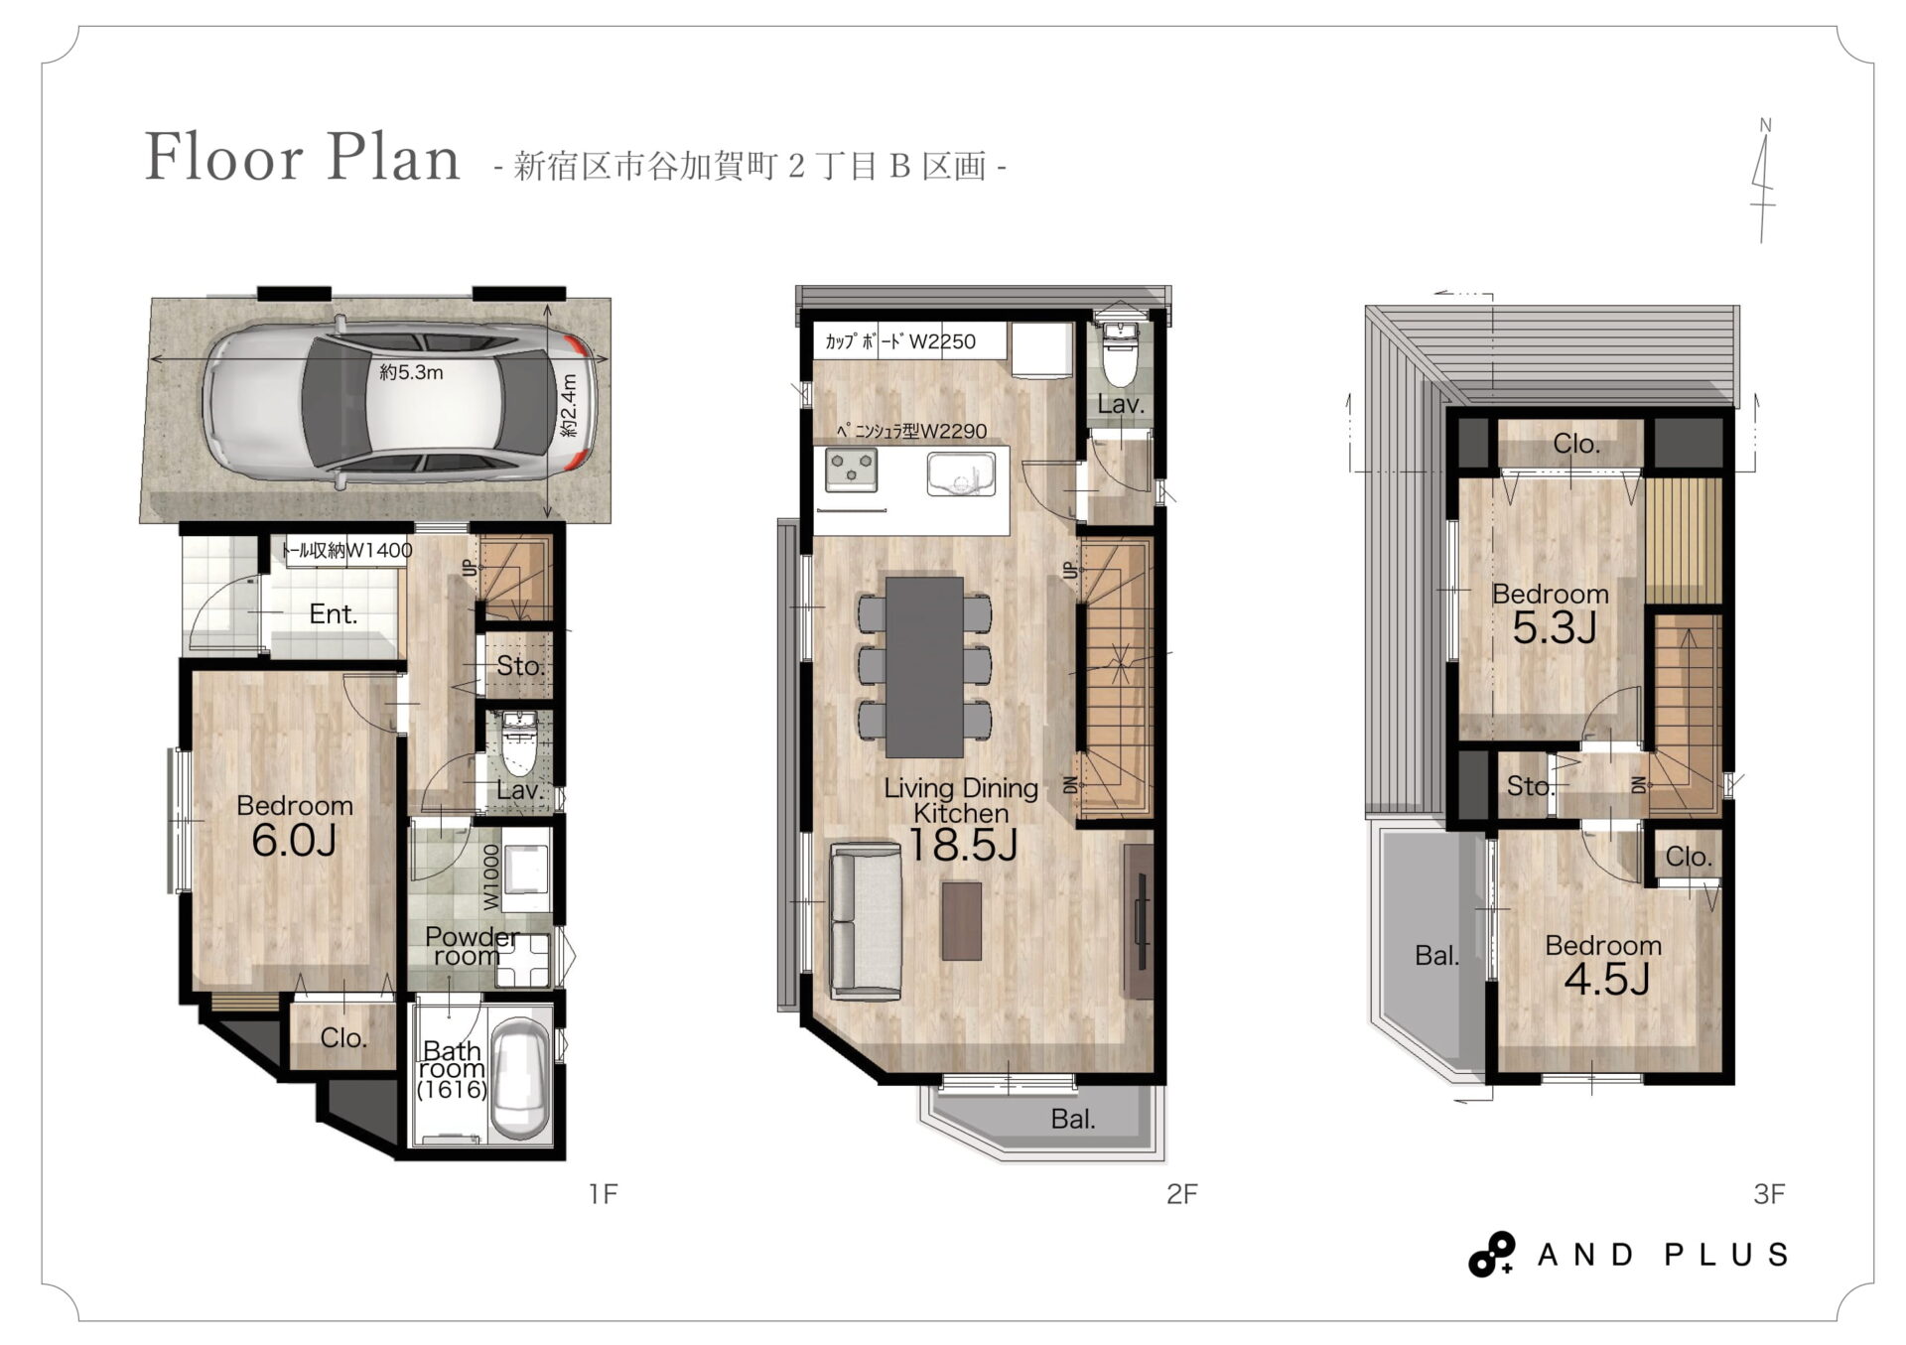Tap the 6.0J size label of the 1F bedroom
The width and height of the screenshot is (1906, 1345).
click(294, 841)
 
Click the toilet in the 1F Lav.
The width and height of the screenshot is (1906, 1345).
click(519, 742)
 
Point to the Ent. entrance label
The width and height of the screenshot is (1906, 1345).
click(333, 614)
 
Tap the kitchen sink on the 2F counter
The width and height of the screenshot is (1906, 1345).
click(961, 473)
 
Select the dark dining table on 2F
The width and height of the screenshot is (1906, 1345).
click(924, 666)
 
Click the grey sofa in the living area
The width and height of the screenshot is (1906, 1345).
click(865, 920)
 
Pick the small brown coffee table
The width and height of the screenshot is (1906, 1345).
click(961, 920)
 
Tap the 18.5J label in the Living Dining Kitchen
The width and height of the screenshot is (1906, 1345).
click(962, 846)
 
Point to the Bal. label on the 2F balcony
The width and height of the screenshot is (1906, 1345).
click(1073, 1119)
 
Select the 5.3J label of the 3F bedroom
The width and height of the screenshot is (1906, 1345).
click(1554, 627)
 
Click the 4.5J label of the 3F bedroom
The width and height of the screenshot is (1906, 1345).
click(1607, 980)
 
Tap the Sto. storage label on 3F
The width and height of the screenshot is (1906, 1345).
click(1530, 786)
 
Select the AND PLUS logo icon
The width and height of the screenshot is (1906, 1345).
click(1492, 1255)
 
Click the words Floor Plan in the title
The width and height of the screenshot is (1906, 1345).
click(303, 157)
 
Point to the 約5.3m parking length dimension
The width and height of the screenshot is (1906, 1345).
click(411, 373)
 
